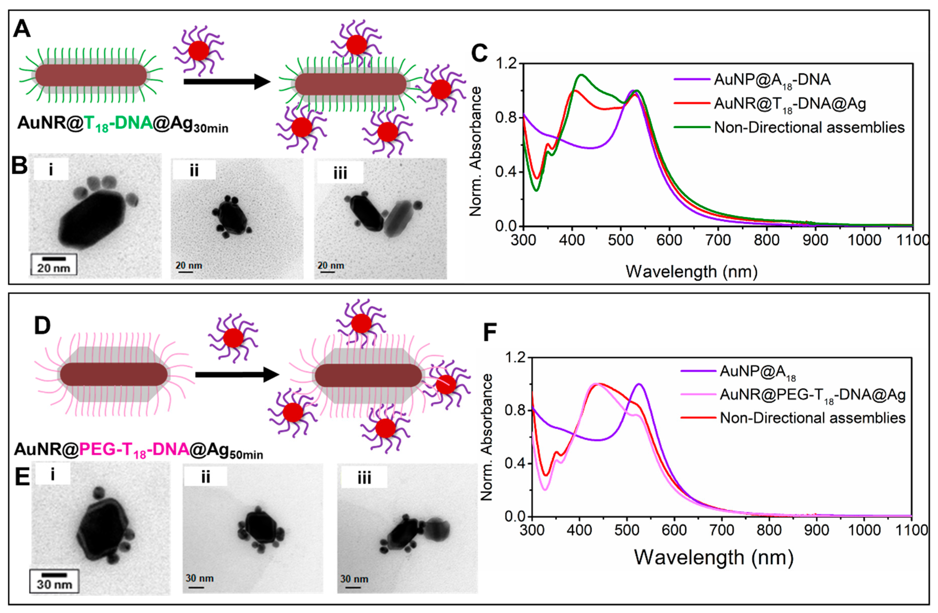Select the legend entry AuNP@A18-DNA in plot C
click(772, 80)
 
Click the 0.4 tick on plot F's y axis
click(515, 463)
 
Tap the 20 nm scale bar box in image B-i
click(54, 264)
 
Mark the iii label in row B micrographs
click(340, 173)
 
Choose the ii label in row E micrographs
click(206, 477)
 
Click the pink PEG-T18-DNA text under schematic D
click(134, 449)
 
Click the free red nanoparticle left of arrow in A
click(199, 51)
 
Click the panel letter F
click(490, 332)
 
